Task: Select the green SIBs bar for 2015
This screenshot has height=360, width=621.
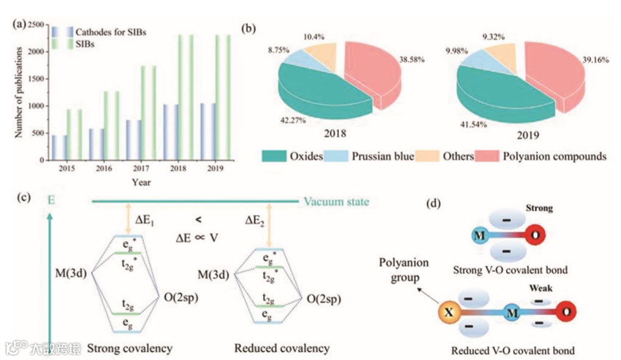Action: pos(74,134)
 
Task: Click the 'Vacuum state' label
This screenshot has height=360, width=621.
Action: pos(336,201)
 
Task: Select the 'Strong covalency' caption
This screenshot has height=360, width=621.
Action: pos(129,348)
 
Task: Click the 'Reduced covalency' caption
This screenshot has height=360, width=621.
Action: pos(281,348)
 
